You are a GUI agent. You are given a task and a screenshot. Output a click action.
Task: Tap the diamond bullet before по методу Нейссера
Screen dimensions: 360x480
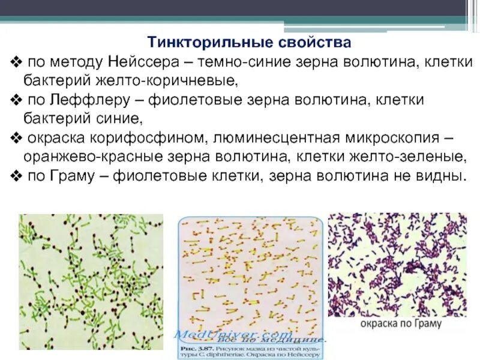16,62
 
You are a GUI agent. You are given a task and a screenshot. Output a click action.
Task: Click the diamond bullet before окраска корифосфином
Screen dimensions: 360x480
16,137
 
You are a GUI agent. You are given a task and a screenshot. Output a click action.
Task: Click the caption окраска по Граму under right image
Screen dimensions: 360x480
401,323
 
